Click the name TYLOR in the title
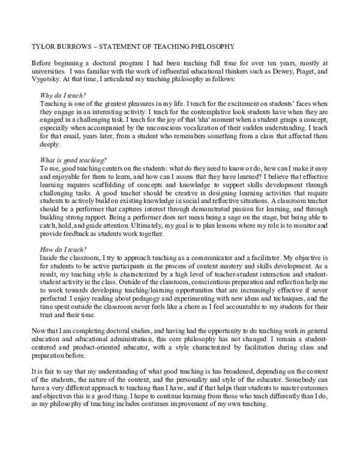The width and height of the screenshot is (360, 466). pyautogui.click(x=40, y=46)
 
